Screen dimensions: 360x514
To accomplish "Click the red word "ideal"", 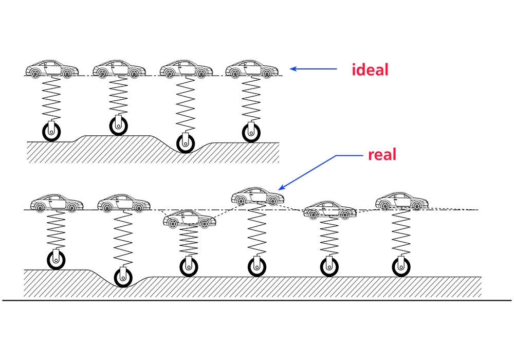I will click(x=370, y=69).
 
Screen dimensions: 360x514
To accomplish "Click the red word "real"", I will click(x=382, y=154).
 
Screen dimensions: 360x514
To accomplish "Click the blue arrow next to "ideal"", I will click(x=313, y=68).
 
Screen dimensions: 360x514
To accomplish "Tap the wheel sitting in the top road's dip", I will click(x=185, y=142).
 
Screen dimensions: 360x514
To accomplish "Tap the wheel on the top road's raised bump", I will click(x=118, y=125).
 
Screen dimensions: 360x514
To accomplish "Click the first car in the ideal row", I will click(x=52, y=69).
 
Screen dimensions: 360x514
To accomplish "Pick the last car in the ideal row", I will click(x=252, y=69).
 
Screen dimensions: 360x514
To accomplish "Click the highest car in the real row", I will click(x=258, y=196).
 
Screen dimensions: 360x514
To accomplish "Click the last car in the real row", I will click(x=401, y=202).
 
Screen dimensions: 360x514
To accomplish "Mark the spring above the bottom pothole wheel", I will click(x=123, y=239).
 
